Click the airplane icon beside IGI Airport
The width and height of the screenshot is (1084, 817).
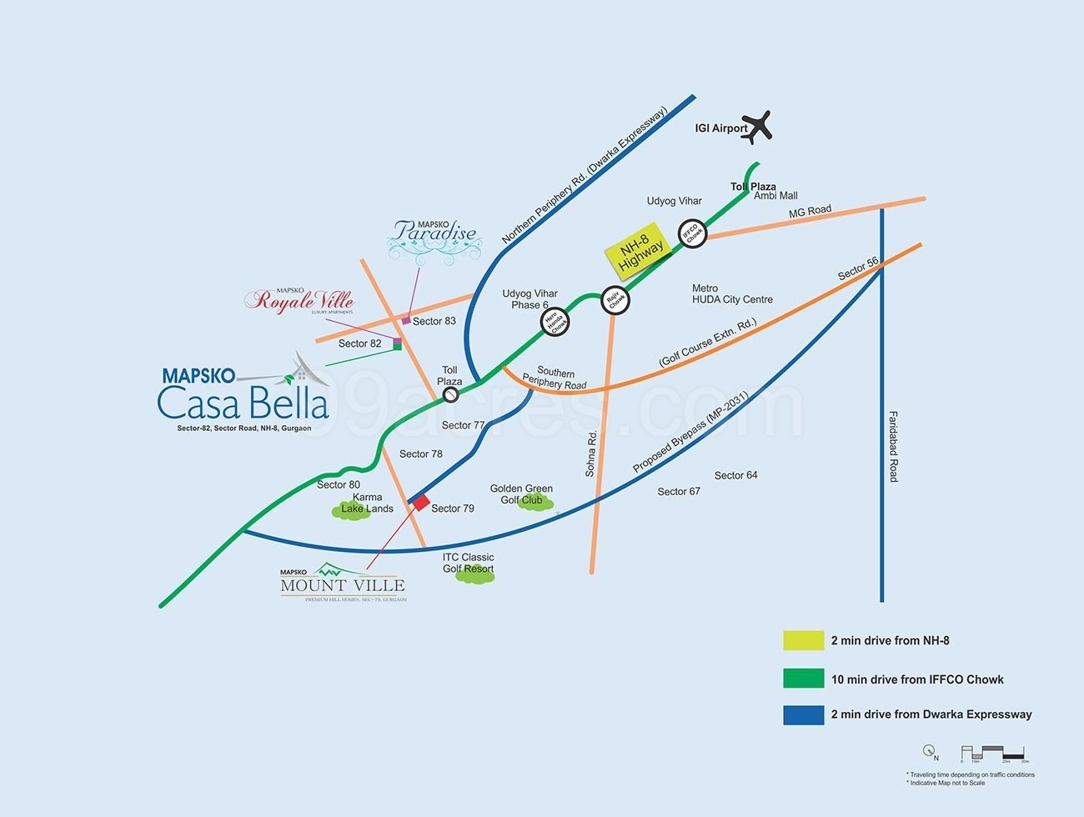coord(757,127)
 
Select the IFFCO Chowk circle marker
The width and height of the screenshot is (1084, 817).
coord(693,233)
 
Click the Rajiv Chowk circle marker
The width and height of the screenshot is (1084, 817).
coord(615,300)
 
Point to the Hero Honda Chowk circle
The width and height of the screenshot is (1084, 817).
coord(555,322)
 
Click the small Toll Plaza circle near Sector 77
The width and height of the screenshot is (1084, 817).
coord(450,395)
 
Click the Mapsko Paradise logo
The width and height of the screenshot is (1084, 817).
coord(434,238)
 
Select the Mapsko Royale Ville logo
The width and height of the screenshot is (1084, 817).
coord(299,300)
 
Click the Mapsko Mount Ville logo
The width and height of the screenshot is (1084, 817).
coord(343,584)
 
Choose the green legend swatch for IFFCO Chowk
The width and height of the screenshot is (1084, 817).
coord(803,679)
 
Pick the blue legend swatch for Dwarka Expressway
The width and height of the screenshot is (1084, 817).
coord(803,714)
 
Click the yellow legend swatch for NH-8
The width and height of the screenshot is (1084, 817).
coord(803,640)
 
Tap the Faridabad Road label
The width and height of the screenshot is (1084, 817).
coord(893,446)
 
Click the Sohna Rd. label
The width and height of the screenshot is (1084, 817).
coord(590,454)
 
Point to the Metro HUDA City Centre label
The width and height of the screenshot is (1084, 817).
coord(732,294)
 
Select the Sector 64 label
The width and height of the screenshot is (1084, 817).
coord(735,475)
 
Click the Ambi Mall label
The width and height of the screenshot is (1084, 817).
coord(775,196)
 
